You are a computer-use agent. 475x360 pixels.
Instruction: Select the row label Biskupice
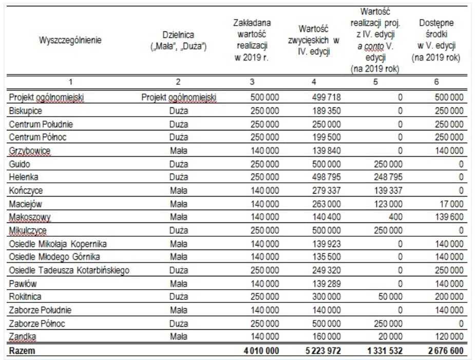pos(26,110)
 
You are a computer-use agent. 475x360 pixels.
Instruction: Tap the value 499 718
pos(326,97)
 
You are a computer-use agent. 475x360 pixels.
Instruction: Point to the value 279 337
pos(326,191)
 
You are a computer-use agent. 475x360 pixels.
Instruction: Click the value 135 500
pos(326,257)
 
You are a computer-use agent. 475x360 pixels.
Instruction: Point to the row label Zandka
pos(23,337)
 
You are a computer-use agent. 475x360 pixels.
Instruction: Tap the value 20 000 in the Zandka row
pos(389,337)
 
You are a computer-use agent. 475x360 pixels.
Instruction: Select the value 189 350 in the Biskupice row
pos(326,110)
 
